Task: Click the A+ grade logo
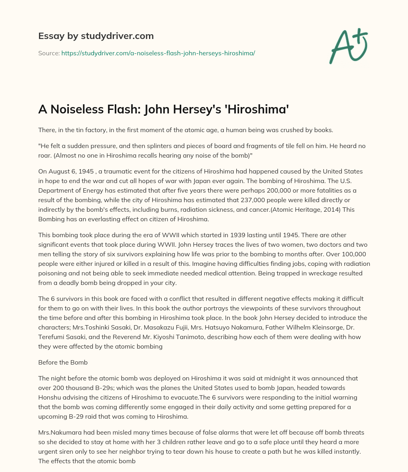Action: [x=348, y=46]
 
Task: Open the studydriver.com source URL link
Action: [x=158, y=53]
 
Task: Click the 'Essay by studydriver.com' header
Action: [x=96, y=36]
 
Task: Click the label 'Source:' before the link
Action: [x=49, y=53]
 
